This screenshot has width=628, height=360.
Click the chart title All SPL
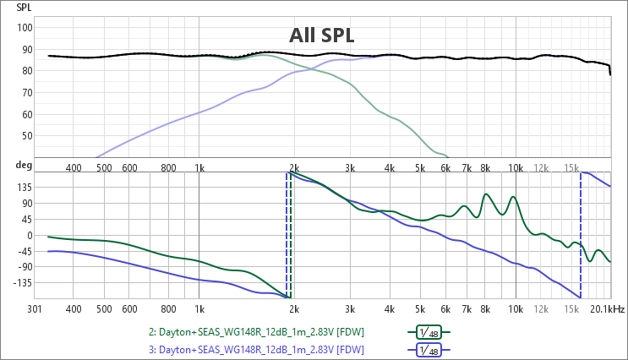321,35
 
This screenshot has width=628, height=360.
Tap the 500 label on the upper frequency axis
104,168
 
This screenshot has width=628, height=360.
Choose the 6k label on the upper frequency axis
445,168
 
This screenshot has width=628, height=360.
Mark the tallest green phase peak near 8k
487,194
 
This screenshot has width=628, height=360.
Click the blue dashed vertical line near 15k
581,237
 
